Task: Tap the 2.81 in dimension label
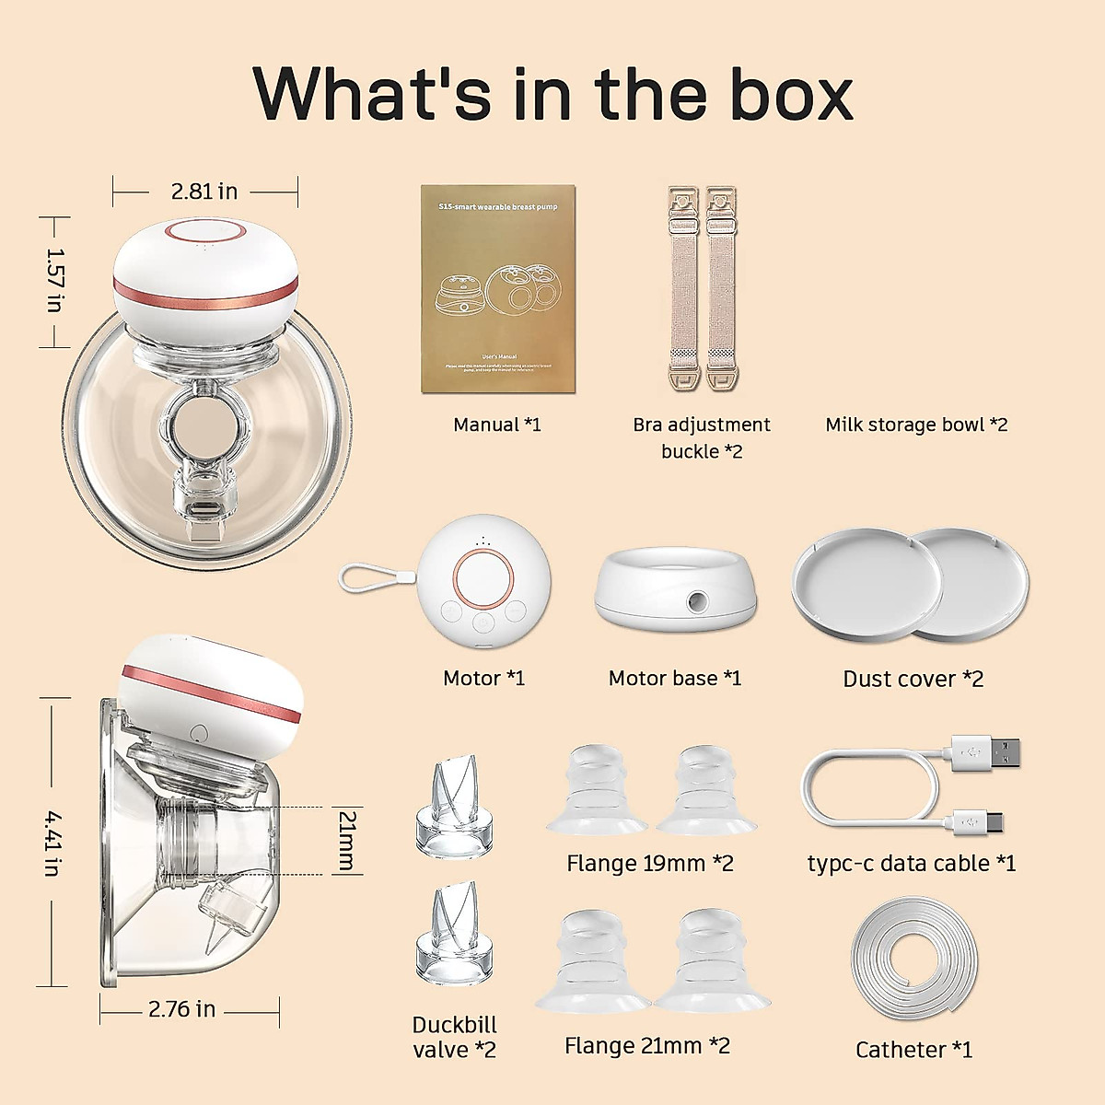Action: point(204,192)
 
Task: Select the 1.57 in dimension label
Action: point(54,280)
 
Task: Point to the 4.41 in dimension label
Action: point(54,843)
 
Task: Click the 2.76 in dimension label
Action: point(181,1009)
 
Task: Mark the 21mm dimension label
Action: point(347,840)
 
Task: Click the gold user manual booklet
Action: point(498,289)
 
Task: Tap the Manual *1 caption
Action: point(497,425)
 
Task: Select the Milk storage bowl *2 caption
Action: point(916,425)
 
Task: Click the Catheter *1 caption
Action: point(913,1050)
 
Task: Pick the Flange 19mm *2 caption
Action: point(650,863)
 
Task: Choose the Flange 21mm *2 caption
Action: point(647,1045)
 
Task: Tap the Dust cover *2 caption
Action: point(913,679)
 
